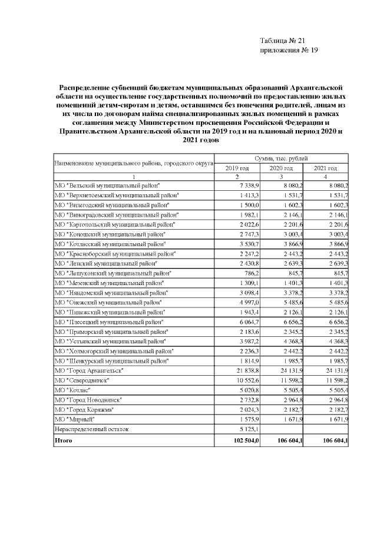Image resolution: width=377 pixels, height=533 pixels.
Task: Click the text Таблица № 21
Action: (281, 41)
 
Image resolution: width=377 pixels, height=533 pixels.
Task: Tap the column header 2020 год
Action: (282, 168)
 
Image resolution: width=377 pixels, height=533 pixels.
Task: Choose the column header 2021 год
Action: (326, 168)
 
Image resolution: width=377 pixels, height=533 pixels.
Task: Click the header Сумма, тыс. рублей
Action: (281, 159)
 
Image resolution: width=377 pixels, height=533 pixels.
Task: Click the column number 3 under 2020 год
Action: (282, 177)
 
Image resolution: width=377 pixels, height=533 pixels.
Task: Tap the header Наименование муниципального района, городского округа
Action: (133, 163)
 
